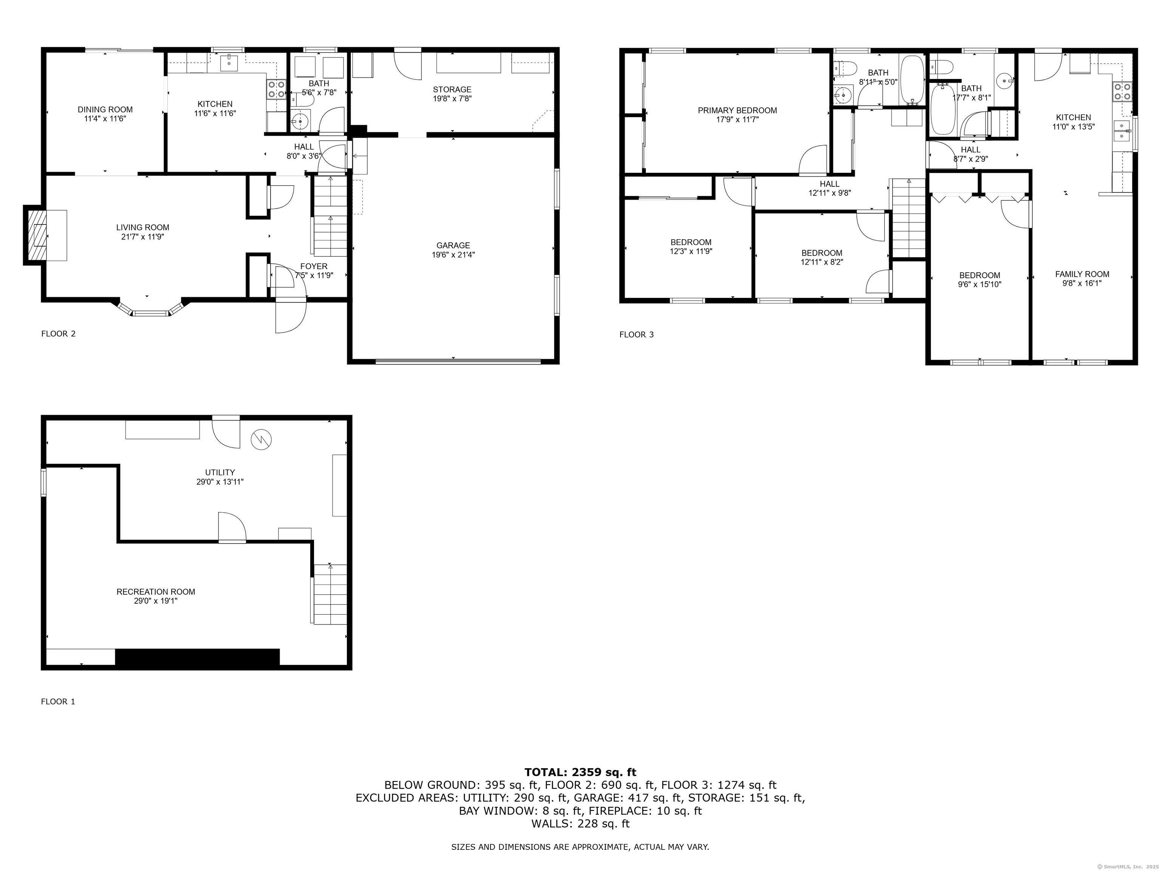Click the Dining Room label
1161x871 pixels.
click(x=105, y=109)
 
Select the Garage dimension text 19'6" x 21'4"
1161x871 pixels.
click(x=453, y=255)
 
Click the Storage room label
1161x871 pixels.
click(x=452, y=89)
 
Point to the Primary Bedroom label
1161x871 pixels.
click(x=737, y=110)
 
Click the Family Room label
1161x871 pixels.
click(x=1082, y=274)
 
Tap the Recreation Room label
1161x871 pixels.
click(x=155, y=592)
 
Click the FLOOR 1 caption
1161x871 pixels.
click(x=58, y=701)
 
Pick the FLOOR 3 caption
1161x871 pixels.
click(x=637, y=335)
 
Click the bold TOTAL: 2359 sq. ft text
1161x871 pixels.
click(x=580, y=772)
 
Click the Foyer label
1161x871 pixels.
click(x=314, y=266)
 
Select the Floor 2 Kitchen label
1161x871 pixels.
click(x=215, y=104)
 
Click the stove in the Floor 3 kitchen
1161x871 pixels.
click(x=1122, y=91)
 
